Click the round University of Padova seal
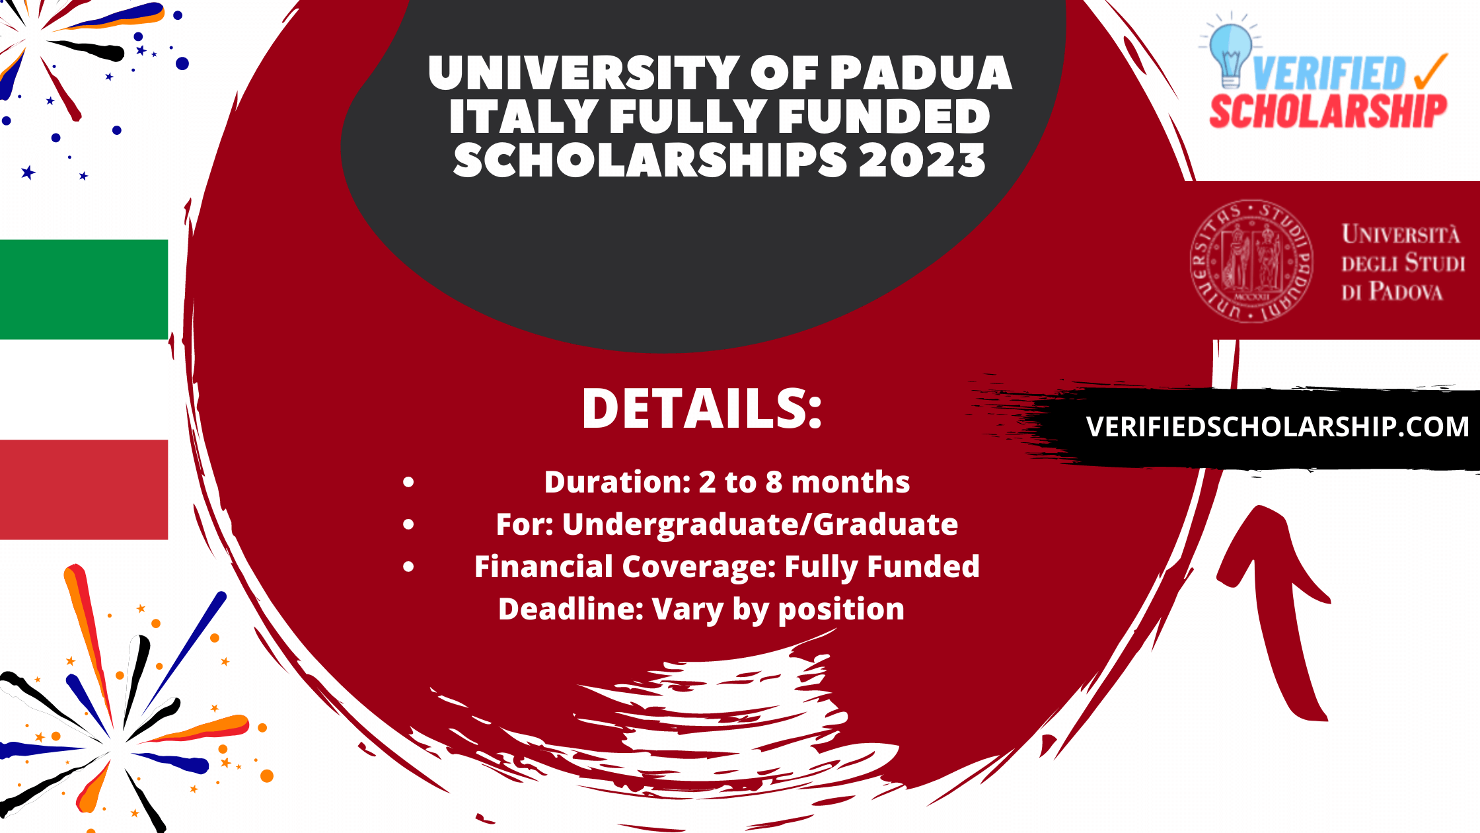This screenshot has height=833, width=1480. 1251,262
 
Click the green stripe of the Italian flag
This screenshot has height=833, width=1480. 84,290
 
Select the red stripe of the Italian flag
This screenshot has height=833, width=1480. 84,489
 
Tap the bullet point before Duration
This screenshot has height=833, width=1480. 408,483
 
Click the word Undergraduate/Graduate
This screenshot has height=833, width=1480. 760,524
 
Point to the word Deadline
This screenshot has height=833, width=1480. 571,609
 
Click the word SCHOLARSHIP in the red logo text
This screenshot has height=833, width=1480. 1328,111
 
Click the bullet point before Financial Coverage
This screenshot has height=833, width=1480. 408,567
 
